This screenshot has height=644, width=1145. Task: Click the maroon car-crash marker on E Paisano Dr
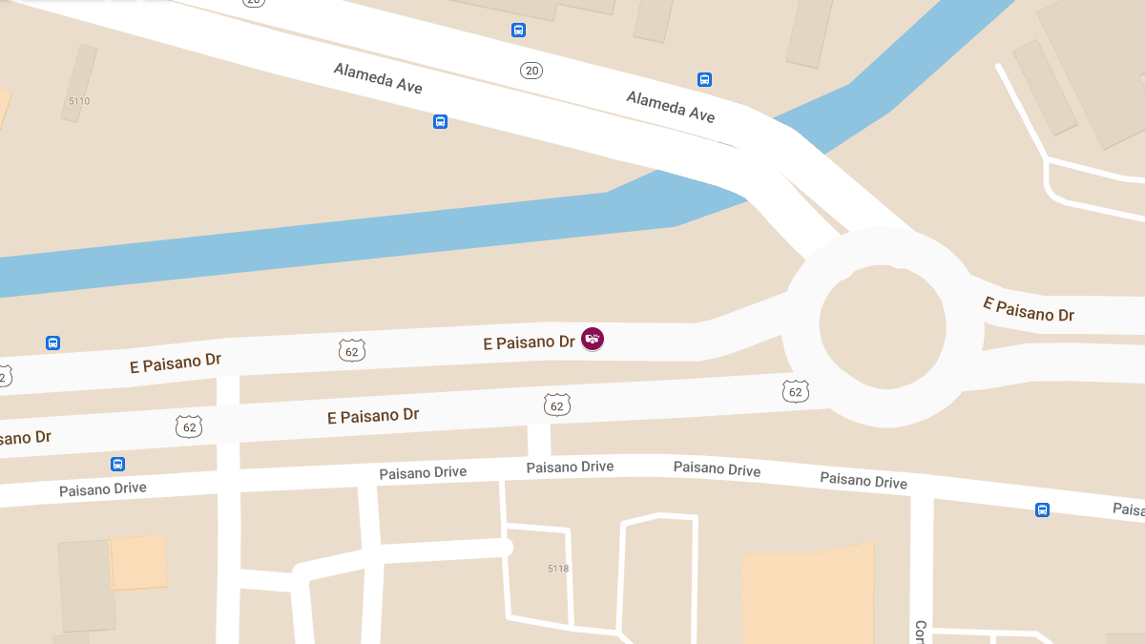[x=593, y=338]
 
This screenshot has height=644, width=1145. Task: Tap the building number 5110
[x=79, y=100]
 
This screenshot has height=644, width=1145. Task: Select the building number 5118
[x=558, y=568]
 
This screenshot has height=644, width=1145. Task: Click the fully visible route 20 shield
[x=531, y=70]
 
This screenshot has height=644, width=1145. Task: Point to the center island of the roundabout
[x=883, y=326]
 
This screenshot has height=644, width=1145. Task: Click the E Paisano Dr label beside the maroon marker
[x=529, y=342]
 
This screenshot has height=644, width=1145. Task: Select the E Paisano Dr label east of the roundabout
[x=1029, y=309]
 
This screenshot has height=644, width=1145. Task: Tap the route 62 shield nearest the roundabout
[x=796, y=390]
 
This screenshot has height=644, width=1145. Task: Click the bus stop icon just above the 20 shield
[x=518, y=30]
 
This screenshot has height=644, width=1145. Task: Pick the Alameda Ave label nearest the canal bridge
[x=670, y=106]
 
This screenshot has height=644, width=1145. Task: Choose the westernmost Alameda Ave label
[x=378, y=78]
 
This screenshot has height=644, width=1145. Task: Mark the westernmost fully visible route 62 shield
[x=189, y=426]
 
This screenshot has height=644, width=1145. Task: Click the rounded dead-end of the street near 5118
[x=505, y=548]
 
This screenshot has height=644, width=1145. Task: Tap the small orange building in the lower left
[x=138, y=562]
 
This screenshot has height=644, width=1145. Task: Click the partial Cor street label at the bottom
[x=920, y=631]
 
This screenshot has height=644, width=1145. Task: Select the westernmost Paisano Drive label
[x=103, y=488]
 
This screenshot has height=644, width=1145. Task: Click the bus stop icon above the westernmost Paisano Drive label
[x=117, y=465]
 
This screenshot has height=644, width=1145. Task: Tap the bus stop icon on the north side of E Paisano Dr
[x=53, y=343]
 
